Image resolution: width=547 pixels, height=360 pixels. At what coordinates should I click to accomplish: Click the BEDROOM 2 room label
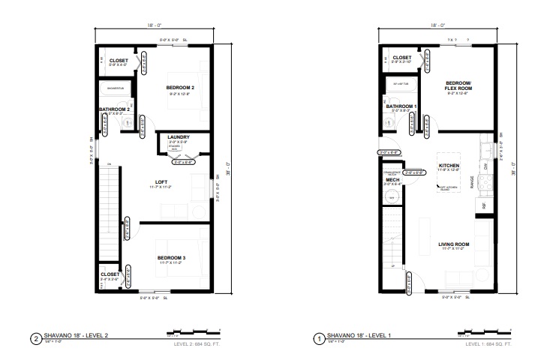pos(180,88)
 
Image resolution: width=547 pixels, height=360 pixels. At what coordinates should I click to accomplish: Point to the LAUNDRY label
pos(178,136)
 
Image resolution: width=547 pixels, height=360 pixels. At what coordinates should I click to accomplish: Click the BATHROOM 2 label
pos(116,109)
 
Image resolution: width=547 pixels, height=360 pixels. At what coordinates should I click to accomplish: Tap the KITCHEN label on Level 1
pos(449,165)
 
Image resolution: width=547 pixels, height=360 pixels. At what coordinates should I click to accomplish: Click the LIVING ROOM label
pos(454,243)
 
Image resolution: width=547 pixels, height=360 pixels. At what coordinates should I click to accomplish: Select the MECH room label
pos(391,180)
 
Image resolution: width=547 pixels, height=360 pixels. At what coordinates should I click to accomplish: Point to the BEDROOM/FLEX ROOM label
pos(458,85)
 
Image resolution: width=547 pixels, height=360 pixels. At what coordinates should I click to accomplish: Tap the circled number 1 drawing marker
pos(318,337)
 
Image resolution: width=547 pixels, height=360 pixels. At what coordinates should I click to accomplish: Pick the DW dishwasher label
pos(485,166)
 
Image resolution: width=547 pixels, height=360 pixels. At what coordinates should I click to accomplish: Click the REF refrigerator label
pos(485,205)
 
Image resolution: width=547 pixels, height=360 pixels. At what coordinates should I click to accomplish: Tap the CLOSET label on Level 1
pos(402,57)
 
